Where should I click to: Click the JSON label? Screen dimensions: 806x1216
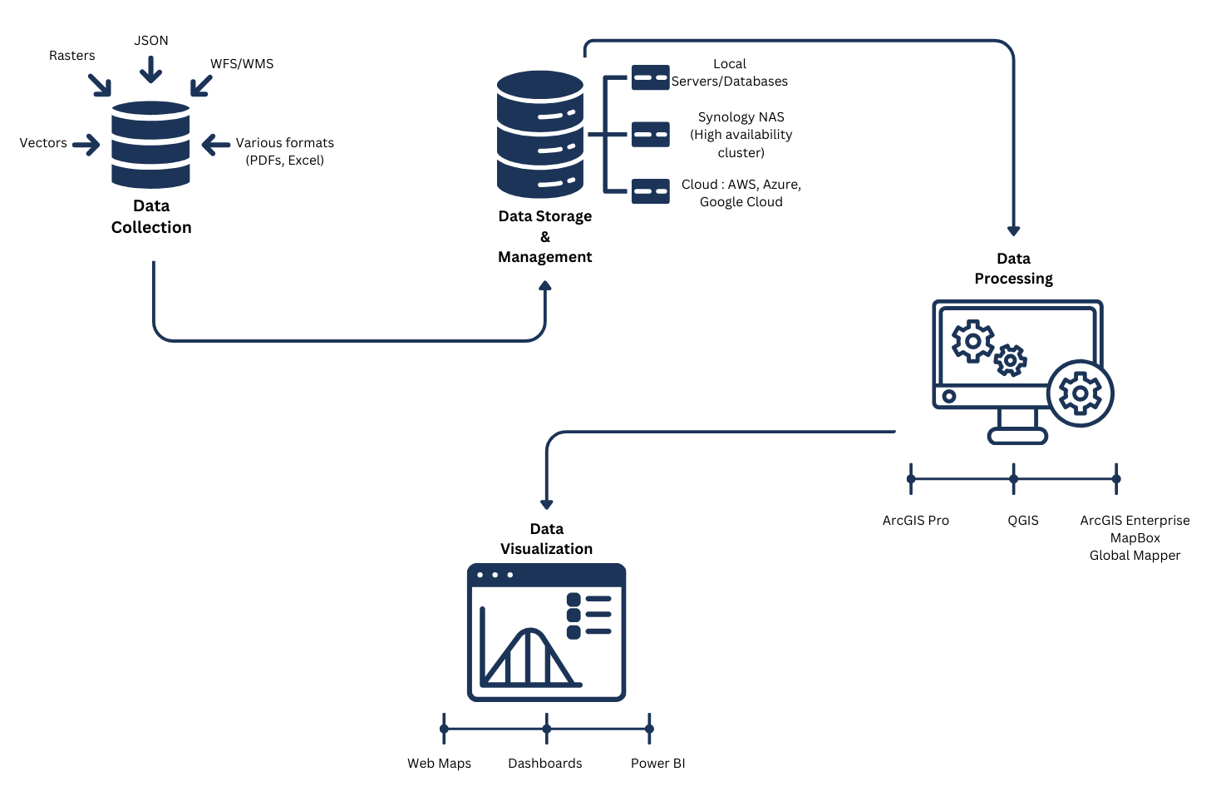[x=151, y=41]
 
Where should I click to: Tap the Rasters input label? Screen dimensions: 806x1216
[x=72, y=56]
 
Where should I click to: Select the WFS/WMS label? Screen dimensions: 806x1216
[x=242, y=64]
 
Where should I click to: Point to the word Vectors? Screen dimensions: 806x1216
[x=43, y=143]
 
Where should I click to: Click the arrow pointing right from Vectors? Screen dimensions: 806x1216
[x=86, y=145]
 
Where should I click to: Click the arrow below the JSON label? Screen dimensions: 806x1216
[x=150, y=70]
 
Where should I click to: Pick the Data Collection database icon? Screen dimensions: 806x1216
[x=150, y=145]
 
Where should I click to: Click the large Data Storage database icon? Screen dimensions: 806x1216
[x=540, y=134]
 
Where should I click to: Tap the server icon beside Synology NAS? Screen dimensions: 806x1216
[x=650, y=134]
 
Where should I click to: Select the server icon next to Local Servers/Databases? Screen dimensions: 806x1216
[x=650, y=77]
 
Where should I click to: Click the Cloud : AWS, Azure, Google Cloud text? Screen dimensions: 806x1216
[x=741, y=193]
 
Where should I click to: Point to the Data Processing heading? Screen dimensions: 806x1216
[x=1013, y=269]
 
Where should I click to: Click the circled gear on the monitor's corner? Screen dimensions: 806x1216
[x=1080, y=393]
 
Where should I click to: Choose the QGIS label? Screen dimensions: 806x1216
[x=1023, y=521]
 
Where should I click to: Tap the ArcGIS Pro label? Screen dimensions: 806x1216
[x=915, y=521]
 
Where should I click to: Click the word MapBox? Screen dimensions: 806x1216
[x=1135, y=538]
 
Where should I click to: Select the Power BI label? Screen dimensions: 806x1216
[x=657, y=764]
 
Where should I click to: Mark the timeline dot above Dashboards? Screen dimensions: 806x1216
[x=546, y=729]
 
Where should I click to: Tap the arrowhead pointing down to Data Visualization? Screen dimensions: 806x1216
[x=546, y=503]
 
